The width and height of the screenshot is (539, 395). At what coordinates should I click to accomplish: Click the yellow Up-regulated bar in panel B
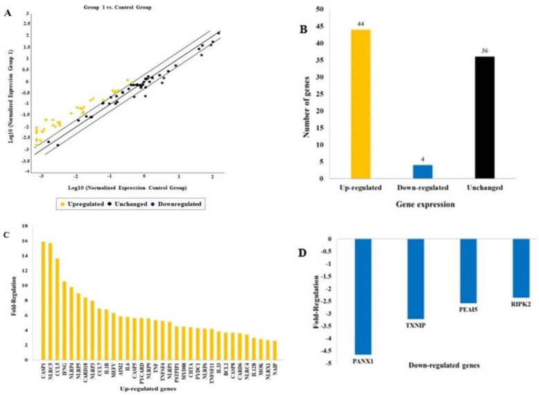360,104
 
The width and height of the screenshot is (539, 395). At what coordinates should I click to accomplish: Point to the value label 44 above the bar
360,24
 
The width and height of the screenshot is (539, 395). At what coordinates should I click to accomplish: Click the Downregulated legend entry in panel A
182,205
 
